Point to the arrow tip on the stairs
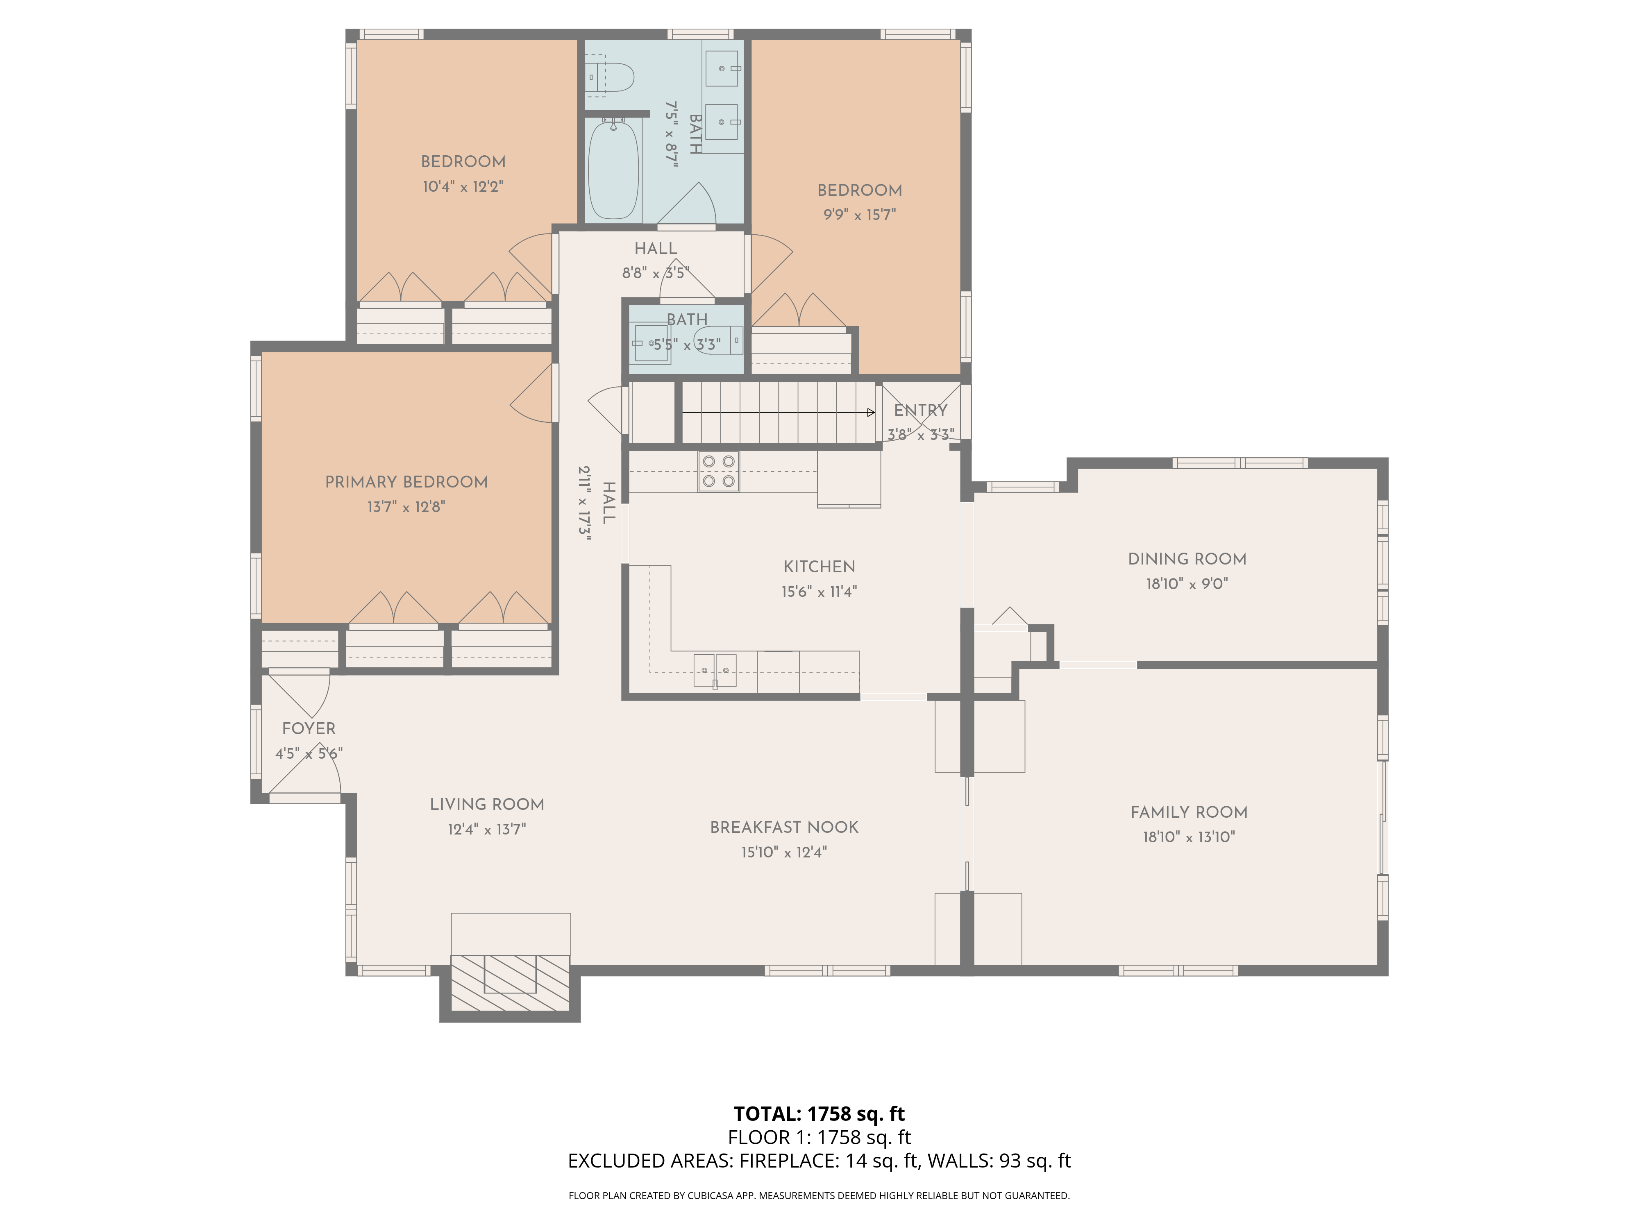pos(874,413)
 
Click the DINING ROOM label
pos(1187,559)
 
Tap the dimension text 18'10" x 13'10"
pos(1189,837)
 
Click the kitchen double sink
pos(715,671)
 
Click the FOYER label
pos(309,728)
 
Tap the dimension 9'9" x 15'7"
pos(860,215)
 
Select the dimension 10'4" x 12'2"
pos(463,187)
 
